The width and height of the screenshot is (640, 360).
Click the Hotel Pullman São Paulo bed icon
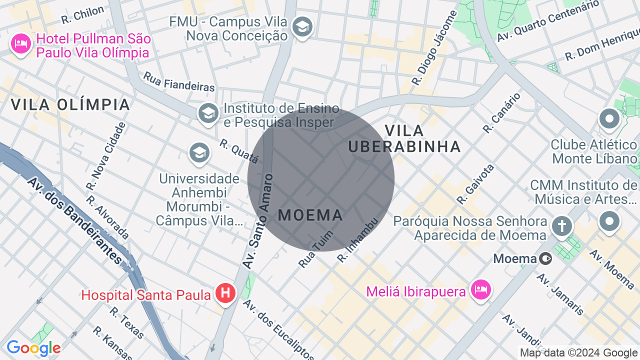(x=20, y=44)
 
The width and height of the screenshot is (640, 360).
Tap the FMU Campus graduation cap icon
(x=302, y=27)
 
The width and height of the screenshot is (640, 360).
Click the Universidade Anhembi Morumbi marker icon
(x=198, y=153)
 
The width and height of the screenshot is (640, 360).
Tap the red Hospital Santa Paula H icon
(x=225, y=292)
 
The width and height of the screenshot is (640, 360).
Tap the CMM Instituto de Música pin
(x=609, y=220)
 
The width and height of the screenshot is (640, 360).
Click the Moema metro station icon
(x=546, y=258)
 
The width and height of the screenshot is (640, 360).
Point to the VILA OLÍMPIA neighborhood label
(x=70, y=104)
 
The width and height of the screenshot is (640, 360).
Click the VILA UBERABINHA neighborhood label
(x=404, y=138)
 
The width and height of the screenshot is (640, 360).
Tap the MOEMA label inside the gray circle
(x=310, y=215)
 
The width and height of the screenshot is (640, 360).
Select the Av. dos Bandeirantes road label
(x=75, y=220)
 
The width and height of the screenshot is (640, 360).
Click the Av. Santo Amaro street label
(x=257, y=220)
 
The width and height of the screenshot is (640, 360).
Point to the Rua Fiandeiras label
(x=178, y=82)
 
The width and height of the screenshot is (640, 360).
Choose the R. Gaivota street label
(x=475, y=184)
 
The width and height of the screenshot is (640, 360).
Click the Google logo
(x=33, y=348)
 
